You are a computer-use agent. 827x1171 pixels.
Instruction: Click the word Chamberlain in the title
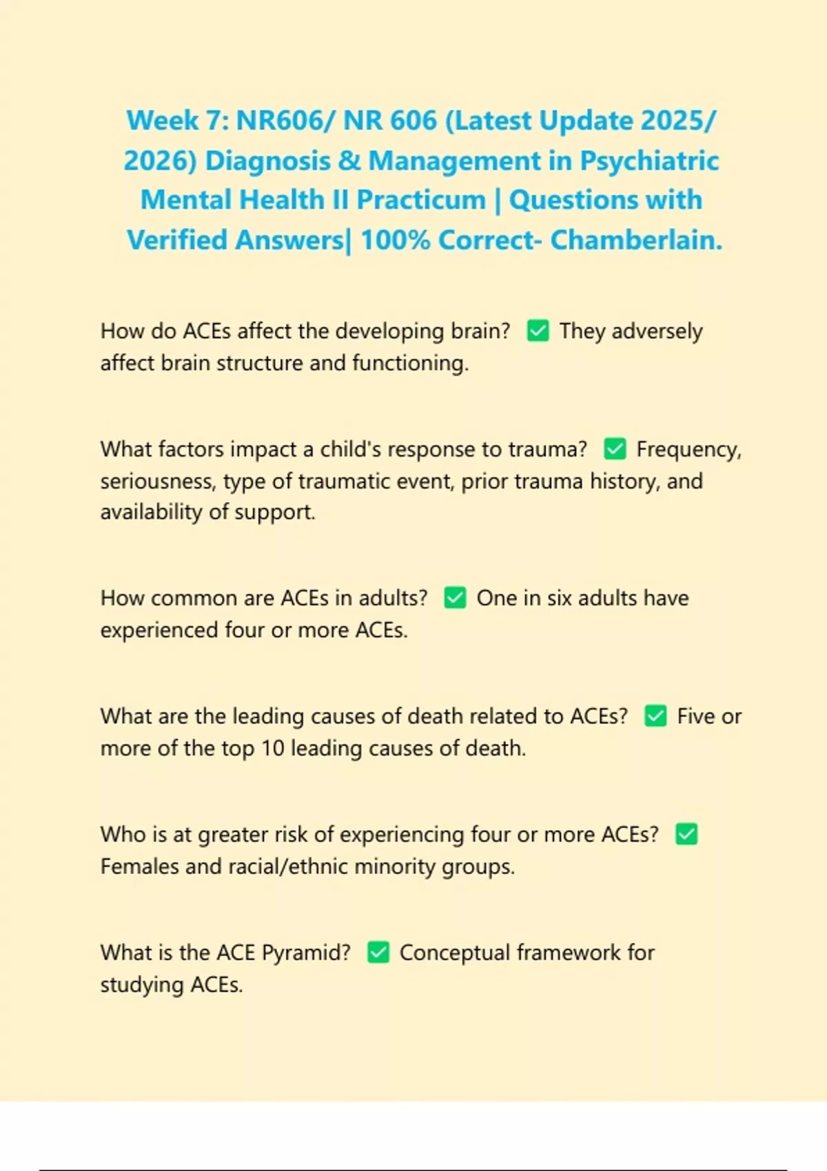click(x=635, y=240)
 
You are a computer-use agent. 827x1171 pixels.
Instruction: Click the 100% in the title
click(x=395, y=240)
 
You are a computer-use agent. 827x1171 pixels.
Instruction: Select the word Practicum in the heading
click(x=421, y=200)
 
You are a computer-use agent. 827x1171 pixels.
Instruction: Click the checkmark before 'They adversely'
click(x=538, y=331)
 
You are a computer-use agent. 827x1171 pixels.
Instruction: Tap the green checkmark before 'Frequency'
click(x=615, y=449)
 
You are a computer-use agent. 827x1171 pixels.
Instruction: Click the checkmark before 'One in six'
click(x=455, y=598)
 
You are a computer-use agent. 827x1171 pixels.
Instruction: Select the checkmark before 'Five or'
click(x=655, y=716)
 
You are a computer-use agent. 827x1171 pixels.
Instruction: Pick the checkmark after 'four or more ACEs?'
click(x=686, y=834)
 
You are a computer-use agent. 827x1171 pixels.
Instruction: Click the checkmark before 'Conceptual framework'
click(x=378, y=953)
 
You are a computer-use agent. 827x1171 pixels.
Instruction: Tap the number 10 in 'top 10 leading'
click(x=272, y=748)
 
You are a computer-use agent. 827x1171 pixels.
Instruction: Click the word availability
click(x=150, y=512)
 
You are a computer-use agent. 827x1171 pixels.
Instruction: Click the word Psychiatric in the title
click(x=649, y=160)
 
